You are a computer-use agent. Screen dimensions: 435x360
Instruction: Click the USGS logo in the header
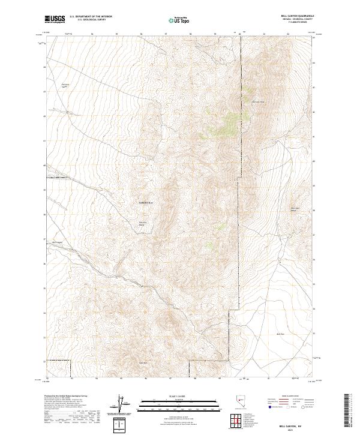[55, 19]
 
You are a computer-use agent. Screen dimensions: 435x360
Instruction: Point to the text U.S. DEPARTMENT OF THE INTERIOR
[91, 17]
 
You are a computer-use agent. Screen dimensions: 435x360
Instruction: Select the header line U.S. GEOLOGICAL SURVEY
[91, 20]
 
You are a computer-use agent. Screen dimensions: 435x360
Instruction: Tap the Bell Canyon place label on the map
[57, 242]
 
